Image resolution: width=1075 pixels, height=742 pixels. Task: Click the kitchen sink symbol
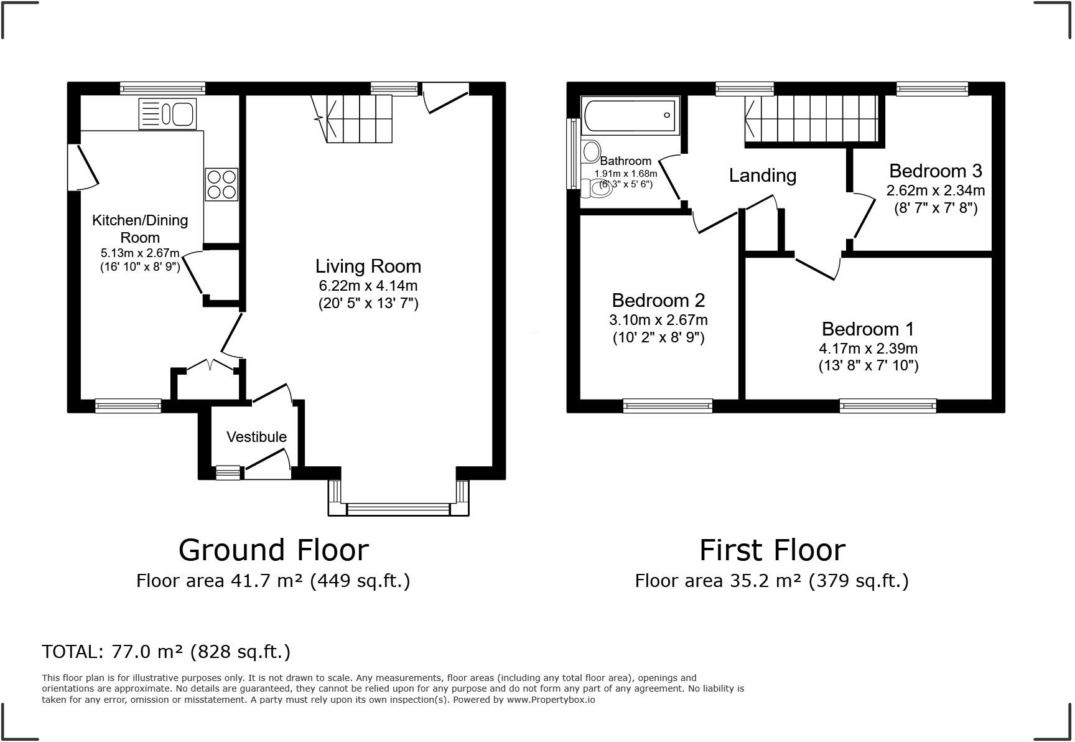[x=168, y=114]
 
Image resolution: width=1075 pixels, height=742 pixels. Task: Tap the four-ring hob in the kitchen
[x=221, y=184]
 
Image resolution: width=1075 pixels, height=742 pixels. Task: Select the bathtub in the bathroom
[x=630, y=115]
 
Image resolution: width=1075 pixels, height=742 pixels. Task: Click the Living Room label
[x=368, y=266]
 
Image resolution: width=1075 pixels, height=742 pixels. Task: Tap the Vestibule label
[x=256, y=437]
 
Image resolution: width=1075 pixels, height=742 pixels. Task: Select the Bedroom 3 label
[x=935, y=171]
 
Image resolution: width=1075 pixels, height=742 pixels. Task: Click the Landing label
[x=762, y=176]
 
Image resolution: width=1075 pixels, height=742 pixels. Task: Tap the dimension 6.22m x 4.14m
[x=368, y=286]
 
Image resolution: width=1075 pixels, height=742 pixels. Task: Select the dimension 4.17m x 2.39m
[x=868, y=349]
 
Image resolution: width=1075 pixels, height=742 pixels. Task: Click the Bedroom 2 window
[x=668, y=406]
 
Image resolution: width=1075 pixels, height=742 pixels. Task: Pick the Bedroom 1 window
[x=887, y=406]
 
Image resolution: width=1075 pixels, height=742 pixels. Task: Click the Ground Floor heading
[x=273, y=550]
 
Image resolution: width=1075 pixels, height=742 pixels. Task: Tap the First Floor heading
[x=772, y=550]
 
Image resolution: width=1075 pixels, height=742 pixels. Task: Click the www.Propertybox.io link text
[x=551, y=700]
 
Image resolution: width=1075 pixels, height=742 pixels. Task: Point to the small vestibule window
[x=228, y=473]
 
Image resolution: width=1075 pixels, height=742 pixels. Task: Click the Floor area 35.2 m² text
[x=771, y=581]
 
